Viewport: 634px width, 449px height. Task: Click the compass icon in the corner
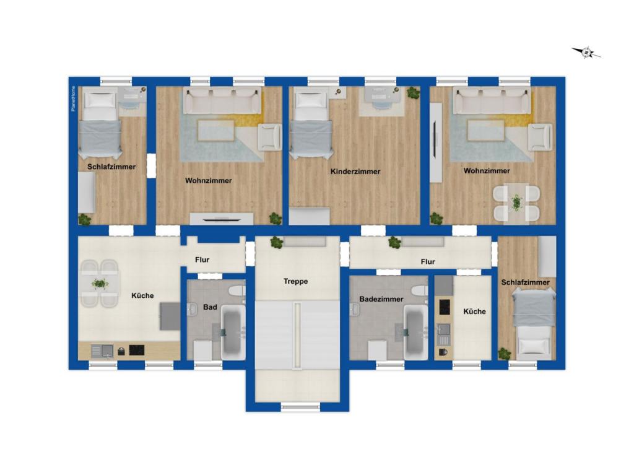[x=586, y=53]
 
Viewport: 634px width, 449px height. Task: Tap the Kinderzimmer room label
[x=355, y=172]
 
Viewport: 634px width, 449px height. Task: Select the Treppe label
[x=295, y=281]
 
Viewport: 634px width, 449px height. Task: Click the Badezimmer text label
[x=381, y=299]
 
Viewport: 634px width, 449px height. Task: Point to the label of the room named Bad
[x=210, y=307]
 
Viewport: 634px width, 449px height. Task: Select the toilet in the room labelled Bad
[x=236, y=291]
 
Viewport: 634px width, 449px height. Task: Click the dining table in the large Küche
[x=99, y=284]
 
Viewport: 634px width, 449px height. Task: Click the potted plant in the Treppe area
[x=277, y=242]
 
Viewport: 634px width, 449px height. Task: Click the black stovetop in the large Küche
[x=136, y=350]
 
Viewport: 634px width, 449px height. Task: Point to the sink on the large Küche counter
[x=103, y=351]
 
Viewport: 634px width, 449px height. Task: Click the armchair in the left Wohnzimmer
[x=269, y=137]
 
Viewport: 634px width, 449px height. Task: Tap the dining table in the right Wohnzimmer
[x=516, y=203]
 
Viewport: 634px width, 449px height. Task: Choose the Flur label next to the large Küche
[x=202, y=260]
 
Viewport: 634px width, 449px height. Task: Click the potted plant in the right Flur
[x=394, y=242]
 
